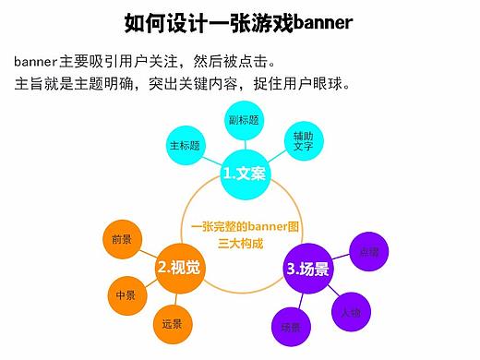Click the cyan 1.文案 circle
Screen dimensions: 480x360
tap(245, 172)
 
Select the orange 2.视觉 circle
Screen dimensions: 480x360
tap(180, 268)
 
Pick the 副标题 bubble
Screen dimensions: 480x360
tap(246, 120)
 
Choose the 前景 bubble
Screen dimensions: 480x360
tap(122, 239)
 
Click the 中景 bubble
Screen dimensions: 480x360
tap(126, 295)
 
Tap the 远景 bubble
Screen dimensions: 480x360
tap(172, 324)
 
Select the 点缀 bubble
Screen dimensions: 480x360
tap(367, 250)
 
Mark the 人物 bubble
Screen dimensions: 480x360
tap(351, 312)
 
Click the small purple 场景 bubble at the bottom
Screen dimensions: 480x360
tap(290, 328)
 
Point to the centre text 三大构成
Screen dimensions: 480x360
tap(240, 244)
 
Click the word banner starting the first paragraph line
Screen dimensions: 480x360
tap(35, 63)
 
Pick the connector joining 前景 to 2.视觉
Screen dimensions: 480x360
tap(148, 252)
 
